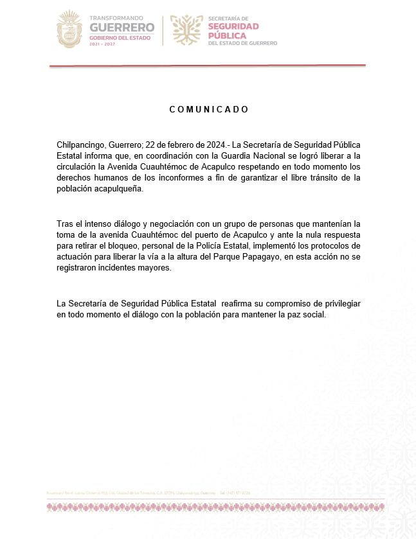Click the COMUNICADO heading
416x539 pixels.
point(209,109)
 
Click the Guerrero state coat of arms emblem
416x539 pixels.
point(69,29)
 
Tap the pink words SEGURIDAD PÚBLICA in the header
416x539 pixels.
point(233,31)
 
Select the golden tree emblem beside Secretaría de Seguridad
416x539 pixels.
point(187,30)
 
